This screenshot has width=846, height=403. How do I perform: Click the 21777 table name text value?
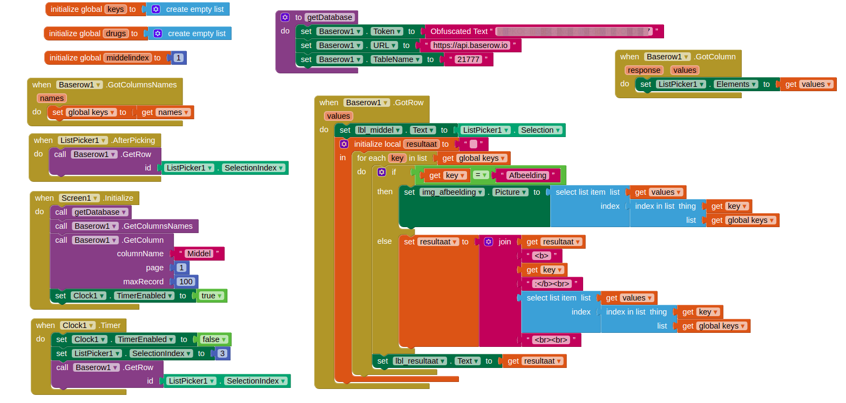point(468,59)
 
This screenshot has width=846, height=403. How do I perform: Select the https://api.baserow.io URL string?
point(470,45)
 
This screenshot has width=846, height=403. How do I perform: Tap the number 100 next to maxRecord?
point(186,282)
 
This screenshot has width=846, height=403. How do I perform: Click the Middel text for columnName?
point(199,254)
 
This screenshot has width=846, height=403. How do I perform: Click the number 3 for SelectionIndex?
point(222,353)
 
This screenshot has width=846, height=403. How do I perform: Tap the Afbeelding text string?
point(527,175)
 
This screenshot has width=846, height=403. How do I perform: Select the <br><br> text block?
point(551,340)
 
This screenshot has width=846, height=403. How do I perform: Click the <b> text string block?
point(541,256)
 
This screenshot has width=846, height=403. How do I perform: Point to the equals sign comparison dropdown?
point(481,175)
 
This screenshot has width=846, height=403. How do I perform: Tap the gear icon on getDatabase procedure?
point(285,17)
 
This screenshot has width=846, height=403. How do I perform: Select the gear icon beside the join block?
point(489,242)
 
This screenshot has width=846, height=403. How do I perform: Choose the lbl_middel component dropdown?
point(379,130)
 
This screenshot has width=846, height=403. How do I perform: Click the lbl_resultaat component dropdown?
point(420,361)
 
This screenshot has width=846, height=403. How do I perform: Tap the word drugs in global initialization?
point(116,33)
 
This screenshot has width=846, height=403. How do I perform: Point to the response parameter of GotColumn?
point(644,70)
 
